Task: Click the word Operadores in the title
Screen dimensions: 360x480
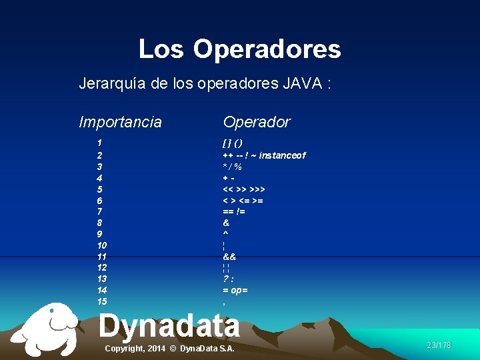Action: click(x=267, y=49)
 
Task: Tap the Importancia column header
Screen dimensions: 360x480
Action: click(x=120, y=122)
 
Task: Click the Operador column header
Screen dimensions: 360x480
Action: click(x=257, y=122)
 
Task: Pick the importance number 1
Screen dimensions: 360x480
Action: click(x=99, y=143)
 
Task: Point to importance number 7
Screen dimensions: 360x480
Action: click(x=99, y=211)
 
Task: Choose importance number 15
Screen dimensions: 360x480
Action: click(x=101, y=301)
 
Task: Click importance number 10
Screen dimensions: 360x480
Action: click(x=101, y=245)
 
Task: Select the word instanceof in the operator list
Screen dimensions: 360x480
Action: click(x=283, y=155)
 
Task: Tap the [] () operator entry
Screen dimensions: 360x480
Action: click(x=233, y=143)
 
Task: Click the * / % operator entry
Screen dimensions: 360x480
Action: click(x=232, y=167)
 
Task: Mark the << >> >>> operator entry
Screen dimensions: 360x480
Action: click(x=244, y=189)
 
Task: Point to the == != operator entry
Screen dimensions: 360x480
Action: click(x=234, y=212)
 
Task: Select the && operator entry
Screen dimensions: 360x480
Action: click(x=229, y=257)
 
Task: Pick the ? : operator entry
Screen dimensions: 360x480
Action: click(x=228, y=279)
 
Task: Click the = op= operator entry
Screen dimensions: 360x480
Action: click(x=235, y=291)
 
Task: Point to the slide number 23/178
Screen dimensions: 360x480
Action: click(x=439, y=345)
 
